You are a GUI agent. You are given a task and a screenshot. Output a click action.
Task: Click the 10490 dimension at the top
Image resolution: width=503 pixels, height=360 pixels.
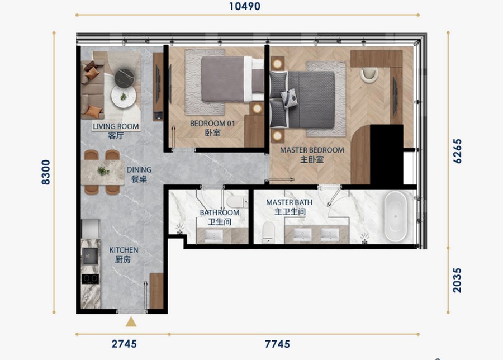(x=244, y=6)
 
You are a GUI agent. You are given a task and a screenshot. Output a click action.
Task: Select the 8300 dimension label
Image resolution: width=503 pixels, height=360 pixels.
(x=46, y=172)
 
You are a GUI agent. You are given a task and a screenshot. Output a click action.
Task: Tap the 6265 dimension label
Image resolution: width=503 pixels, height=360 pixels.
(x=457, y=151)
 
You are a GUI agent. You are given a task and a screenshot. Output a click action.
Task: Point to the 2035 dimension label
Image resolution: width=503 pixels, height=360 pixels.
(x=457, y=280)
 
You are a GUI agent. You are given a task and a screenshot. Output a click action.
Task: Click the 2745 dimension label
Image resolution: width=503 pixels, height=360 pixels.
(x=124, y=344)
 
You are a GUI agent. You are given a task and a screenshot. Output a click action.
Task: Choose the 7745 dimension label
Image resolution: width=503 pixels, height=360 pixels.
(x=277, y=344)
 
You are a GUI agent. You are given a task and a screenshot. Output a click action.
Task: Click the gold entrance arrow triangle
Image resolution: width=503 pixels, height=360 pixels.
(x=131, y=321)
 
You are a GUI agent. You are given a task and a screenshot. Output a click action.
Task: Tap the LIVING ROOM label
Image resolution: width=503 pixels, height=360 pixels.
(x=116, y=126)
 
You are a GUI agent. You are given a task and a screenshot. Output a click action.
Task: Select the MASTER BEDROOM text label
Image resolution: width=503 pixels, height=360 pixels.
(x=312, y=150)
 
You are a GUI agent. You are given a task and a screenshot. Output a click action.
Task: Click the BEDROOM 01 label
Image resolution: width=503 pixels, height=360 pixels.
(x=212, y=124)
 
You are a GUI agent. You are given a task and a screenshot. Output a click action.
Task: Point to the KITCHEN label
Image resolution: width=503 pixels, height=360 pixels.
(x=124, y=250)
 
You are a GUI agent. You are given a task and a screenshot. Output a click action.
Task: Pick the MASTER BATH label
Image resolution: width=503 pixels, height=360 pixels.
(x=289, y=202)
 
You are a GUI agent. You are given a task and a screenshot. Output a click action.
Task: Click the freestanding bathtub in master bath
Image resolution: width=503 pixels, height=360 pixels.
(x=395, y=216)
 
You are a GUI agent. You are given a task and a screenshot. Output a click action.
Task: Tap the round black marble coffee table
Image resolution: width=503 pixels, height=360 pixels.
(x=125, y=78)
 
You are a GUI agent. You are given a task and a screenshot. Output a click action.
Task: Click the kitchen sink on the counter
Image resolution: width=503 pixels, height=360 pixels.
(x=90, y=256)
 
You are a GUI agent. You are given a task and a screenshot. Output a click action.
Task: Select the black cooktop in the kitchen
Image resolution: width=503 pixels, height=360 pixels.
(x=90, y=279)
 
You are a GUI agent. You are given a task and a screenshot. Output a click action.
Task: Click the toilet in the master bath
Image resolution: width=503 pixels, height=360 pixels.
(x=268, y=232)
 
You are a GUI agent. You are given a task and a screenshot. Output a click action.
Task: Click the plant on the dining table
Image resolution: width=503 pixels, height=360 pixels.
(x=103, y=171)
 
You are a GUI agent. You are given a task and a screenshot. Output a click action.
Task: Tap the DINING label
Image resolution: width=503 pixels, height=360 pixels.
(x=139, y=170)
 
